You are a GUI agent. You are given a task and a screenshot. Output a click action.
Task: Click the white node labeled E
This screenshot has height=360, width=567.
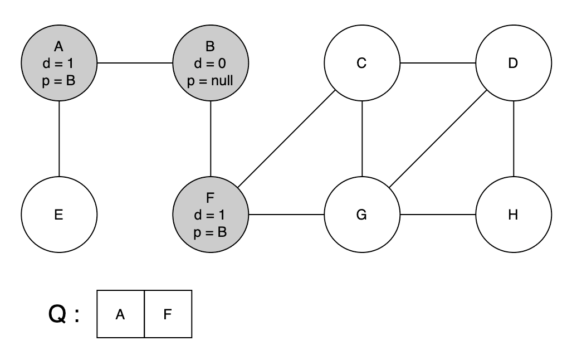[x=58, y=215]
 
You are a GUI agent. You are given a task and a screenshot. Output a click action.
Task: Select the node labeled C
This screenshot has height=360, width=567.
[x=361, y=63]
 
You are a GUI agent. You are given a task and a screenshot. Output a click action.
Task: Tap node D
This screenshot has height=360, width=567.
[x=513, y=63]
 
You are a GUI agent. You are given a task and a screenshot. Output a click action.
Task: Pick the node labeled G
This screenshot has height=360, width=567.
[x=361, y=215]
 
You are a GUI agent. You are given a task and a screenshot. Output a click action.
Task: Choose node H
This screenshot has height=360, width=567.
[x=513, y=215]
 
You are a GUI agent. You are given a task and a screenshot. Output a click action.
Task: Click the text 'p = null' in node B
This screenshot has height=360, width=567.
[x=211, y=81]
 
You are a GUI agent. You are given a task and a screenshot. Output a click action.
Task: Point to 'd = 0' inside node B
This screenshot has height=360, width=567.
[x=211, y=63]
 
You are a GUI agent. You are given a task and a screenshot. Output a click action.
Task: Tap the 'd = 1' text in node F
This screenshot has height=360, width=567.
[x=211, y=215]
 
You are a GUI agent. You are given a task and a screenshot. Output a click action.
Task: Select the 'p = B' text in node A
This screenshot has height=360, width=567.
[x=58, y=81]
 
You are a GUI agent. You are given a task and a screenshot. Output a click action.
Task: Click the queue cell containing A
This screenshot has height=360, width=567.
[x=120, y=314]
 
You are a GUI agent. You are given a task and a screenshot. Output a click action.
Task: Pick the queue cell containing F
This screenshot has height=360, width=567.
[x=168, y=314]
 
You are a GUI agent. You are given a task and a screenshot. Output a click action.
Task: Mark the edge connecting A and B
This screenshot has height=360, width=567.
[x=135, y=63]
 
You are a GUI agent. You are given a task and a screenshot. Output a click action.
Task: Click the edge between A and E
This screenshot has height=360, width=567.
[x=58, y=139]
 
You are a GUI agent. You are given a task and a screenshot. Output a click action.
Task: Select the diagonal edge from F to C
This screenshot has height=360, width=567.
[x=286, y=139]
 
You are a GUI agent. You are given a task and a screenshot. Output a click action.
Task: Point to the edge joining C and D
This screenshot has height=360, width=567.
[x=437, y=63]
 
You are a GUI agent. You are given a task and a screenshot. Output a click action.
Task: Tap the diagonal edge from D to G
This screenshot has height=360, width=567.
[x=437, y=139]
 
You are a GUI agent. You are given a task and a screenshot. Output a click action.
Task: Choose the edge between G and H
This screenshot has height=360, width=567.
[x=437, y=215]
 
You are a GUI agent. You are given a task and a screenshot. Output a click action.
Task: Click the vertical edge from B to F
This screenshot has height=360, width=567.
[x=211, y=139]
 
